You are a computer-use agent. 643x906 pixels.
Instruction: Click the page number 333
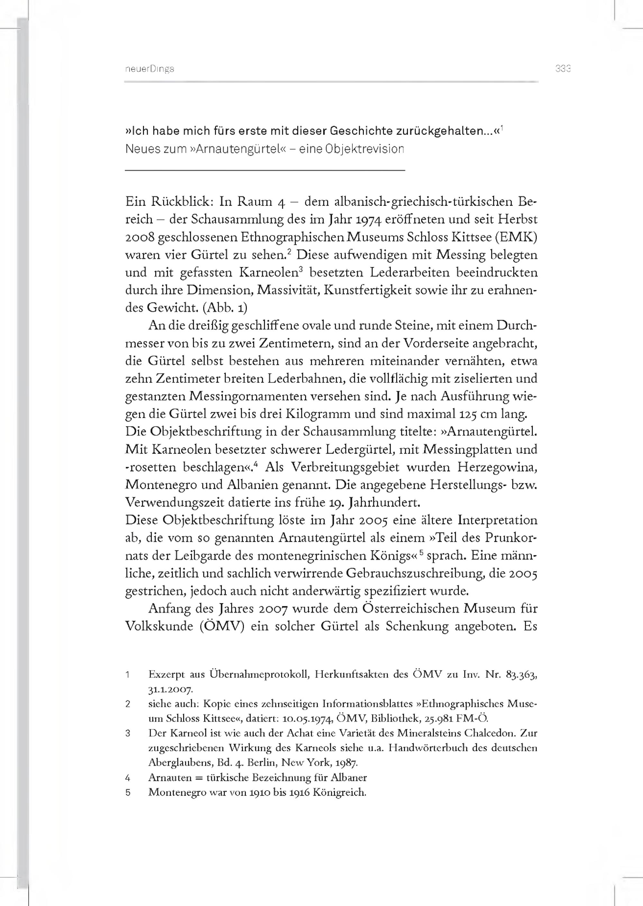(563, 69)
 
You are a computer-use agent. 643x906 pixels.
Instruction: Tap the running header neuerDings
(149, 69)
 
